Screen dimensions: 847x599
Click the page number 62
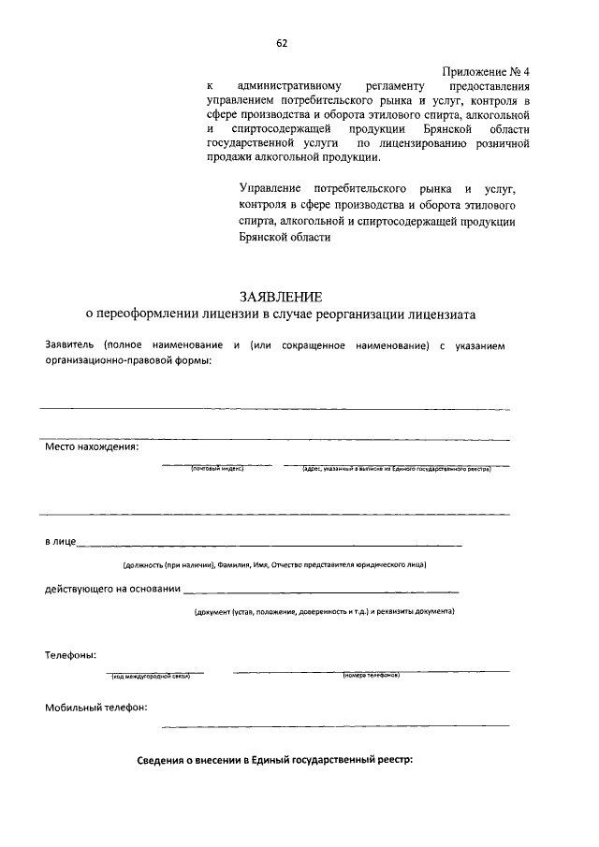pyautogui.click(x=282, y=43)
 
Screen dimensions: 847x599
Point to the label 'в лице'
pyautogui.click(x=61, y=542)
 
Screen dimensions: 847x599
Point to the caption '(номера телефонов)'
pyautogui.click(x=372, y=676)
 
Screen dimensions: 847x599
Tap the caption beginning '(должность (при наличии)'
pyautogui.click(x=275, y=565)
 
